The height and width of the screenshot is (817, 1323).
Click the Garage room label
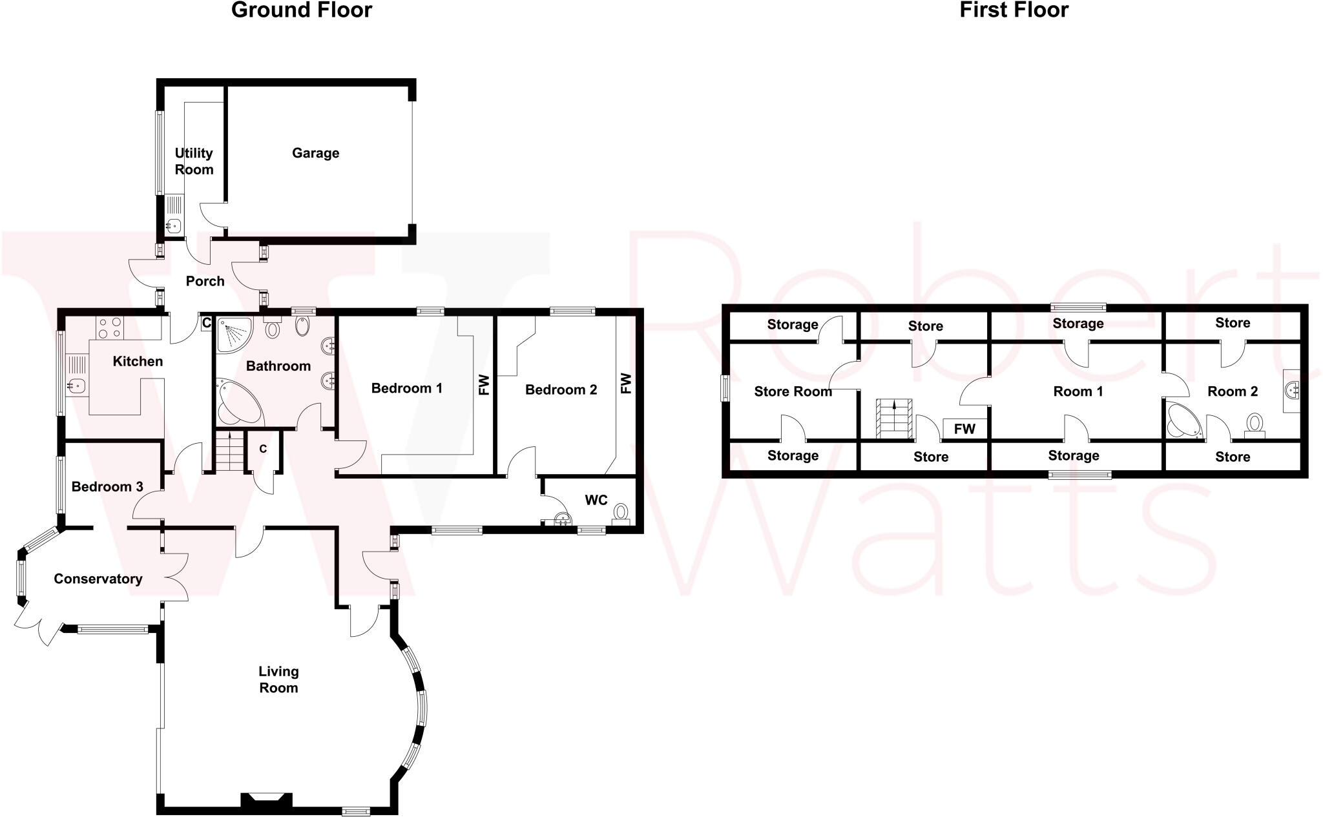315,153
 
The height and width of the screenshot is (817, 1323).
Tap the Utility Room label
194,161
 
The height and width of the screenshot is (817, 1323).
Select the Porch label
205,281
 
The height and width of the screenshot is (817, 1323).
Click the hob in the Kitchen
109,327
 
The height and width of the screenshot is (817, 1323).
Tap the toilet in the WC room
621,513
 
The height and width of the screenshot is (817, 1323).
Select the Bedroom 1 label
406,388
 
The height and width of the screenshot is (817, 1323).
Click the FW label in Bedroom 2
625,383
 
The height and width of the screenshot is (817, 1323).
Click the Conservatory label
98,579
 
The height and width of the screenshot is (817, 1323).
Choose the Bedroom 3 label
107,486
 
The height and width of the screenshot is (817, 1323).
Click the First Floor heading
1014,10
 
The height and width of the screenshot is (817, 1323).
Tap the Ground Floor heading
301,10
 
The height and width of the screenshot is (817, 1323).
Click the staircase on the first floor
893,419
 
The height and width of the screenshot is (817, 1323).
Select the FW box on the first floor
964,429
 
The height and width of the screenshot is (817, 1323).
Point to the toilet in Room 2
1255,425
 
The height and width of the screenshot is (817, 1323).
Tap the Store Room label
793,391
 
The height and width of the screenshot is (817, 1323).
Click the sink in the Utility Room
173,225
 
